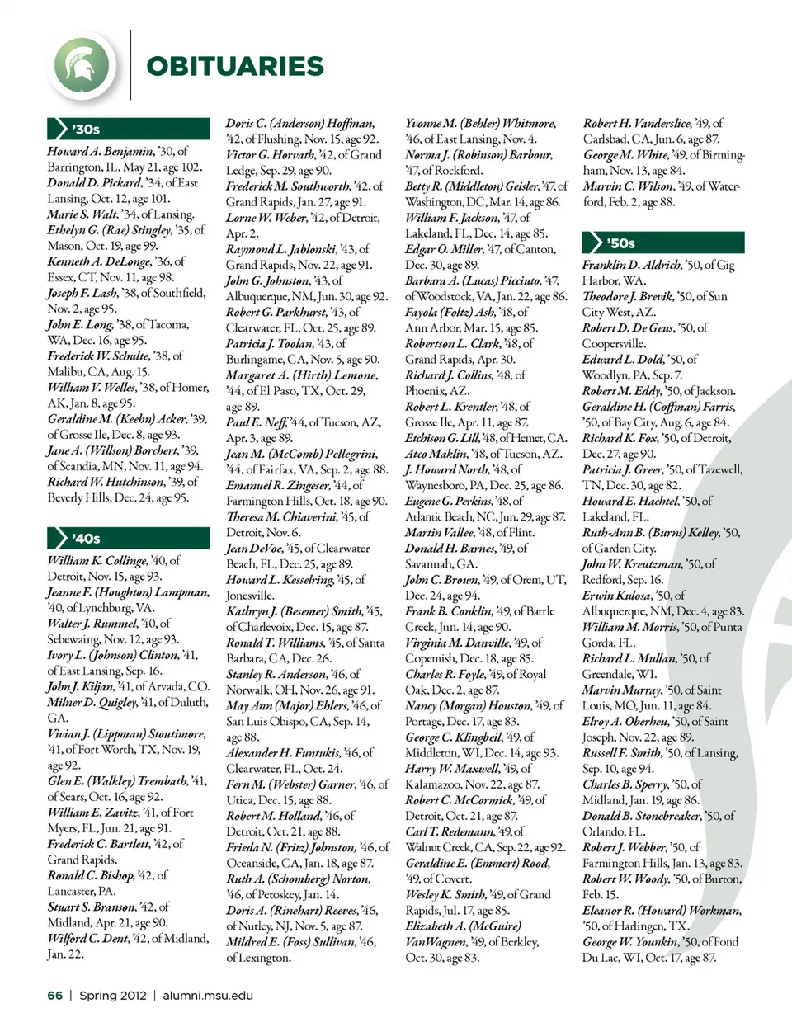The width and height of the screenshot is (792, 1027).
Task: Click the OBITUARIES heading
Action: pyautogui.click(x=234, y=66)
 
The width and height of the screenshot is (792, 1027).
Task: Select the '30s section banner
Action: pyautogui.click(x=129, y=129)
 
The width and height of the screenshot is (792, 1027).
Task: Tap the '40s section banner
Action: pyautogui.click(x=129, y=538)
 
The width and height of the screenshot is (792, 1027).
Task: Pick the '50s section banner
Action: pyautogui.click(x=663, y=243)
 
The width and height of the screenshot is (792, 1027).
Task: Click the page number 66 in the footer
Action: pyautogui.click(x=55, y=996)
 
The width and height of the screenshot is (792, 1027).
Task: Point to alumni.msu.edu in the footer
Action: pyautogui.click(x=208, y=996)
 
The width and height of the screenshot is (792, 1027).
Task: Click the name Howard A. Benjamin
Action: pyautogui.click(x=100, y=152)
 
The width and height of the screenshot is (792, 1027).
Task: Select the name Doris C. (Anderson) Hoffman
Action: pyautogui.click(x=300, y=124)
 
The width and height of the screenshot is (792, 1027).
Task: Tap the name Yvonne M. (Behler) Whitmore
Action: pyautogui.click(x=480, y=124)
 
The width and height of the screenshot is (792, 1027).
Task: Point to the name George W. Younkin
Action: pyautogui.click(x=631, y=942)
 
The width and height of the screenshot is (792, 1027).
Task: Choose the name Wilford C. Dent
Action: pyautogui.click(x=88, y=939)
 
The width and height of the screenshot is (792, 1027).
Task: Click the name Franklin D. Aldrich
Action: pyautogui.click(x=632, y=265)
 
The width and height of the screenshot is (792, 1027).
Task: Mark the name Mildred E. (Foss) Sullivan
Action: pyautogui.click(x=300, y=942)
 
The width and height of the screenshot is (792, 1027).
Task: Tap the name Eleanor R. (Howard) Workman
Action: pyautogui.click(x=662, y=911)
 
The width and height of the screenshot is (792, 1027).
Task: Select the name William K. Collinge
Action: pyautogui.click(x=97, y=561)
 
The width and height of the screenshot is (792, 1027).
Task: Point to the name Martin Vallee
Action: pyautogui.click(x=440, y=533)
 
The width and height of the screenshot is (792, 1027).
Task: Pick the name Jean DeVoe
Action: pyautogui.click(x=253, y=549)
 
